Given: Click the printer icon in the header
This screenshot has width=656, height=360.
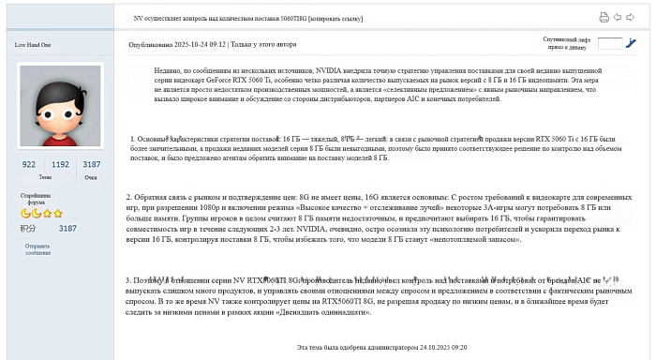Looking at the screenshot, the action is tap(604, 17).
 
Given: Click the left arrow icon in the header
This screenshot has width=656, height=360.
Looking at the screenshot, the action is tap(618, 17).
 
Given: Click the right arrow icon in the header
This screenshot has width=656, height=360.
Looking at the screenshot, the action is tap(630, 17).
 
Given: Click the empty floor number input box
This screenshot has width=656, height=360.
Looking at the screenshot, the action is tap(609, 43).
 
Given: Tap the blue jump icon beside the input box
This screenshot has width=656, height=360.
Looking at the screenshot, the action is tap(632, 43).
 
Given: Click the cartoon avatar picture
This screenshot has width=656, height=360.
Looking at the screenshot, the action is tap(60, 106).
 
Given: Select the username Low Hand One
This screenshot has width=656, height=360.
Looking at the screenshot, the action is tap(33, 44).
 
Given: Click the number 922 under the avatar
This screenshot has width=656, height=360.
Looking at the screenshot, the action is tap(29, 164).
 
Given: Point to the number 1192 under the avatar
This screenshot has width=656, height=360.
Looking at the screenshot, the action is tap(60, 164).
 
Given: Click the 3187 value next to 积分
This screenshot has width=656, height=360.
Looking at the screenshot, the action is tap(67, 228).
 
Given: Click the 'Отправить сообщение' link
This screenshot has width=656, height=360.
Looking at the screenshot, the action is tap(38, 248).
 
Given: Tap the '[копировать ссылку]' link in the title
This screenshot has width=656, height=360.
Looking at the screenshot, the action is tap(333, 19).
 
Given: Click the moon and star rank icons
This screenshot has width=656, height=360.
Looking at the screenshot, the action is tap(42, 214).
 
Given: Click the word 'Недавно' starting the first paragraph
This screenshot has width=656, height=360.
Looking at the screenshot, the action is tap(170, 71).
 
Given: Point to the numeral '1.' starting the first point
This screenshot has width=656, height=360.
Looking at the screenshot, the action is tap(133, 139).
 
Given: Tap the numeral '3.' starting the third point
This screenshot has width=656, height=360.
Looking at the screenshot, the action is tap(129, 279).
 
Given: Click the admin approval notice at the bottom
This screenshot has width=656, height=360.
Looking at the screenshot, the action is tap(380, 347).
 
